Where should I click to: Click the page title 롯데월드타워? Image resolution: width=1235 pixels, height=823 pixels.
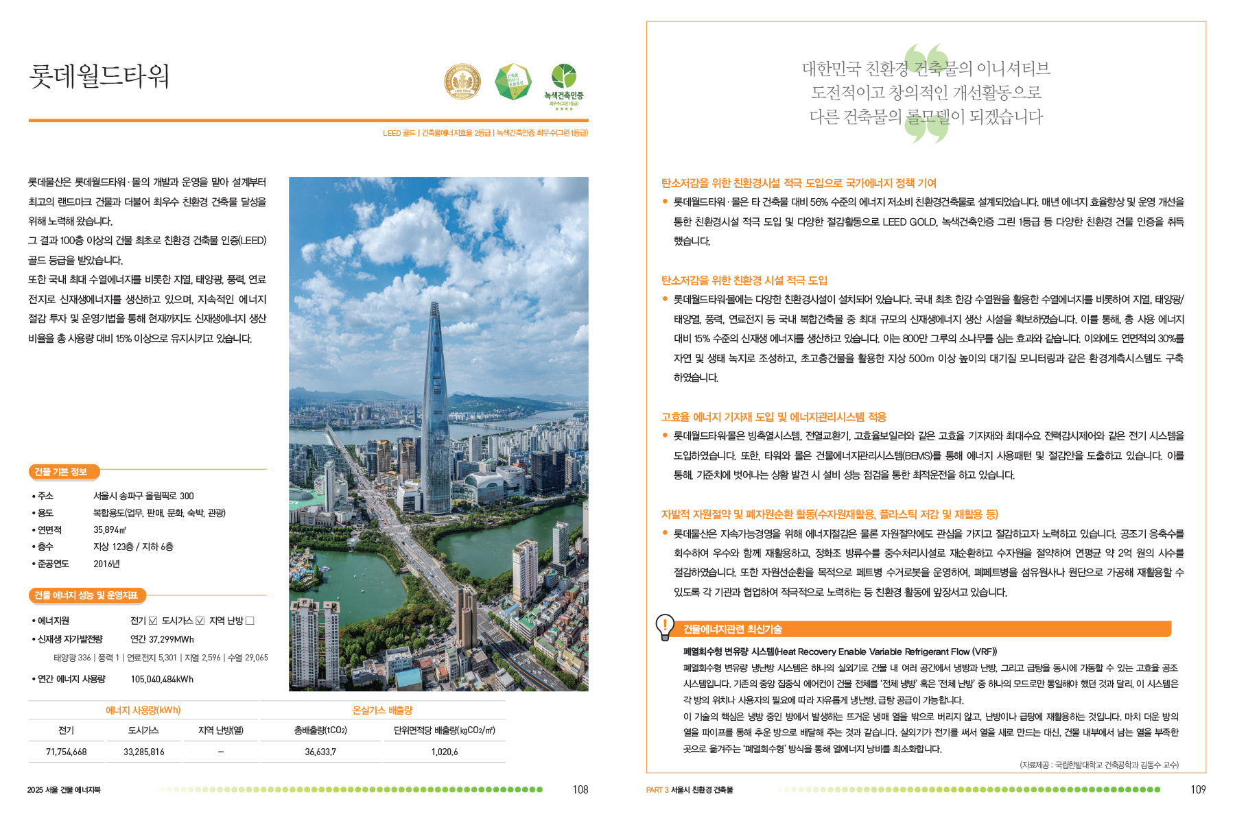tap(99, 76)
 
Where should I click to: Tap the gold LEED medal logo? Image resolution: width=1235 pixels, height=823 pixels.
tap(462, 82)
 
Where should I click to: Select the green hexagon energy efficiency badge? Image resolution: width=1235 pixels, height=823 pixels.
tap(513, 82)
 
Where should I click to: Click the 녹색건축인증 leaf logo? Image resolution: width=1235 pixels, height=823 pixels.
tap(563, 77)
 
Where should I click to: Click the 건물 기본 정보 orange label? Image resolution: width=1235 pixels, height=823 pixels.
tap(62, 472)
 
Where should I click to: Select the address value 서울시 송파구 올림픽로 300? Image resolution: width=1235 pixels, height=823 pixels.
tap(143, 496)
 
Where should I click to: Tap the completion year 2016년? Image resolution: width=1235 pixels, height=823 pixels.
tap(106, 564)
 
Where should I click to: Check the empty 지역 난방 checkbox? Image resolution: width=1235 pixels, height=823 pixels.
tap(250, 621)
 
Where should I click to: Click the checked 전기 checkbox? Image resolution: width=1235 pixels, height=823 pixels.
tap(153, 621)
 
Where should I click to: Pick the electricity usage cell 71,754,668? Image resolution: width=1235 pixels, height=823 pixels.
tap(66, 752)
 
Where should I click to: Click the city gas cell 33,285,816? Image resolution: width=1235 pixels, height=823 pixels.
tap(143, 752)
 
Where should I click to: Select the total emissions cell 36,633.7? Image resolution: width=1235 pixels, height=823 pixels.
tap(320, 752)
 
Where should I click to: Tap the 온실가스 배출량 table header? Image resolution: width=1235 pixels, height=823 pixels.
tap(382, 711)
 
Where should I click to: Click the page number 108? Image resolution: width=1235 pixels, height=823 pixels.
tap(580, 789)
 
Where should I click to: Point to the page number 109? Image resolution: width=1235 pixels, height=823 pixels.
tap(1198, 789)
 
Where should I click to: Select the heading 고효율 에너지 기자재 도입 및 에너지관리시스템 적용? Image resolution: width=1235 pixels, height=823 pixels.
tap(773, 417)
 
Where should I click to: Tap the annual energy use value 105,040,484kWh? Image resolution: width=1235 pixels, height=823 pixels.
tap(162, 679)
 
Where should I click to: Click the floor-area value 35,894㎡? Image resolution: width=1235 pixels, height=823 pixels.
tap(110, 529)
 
